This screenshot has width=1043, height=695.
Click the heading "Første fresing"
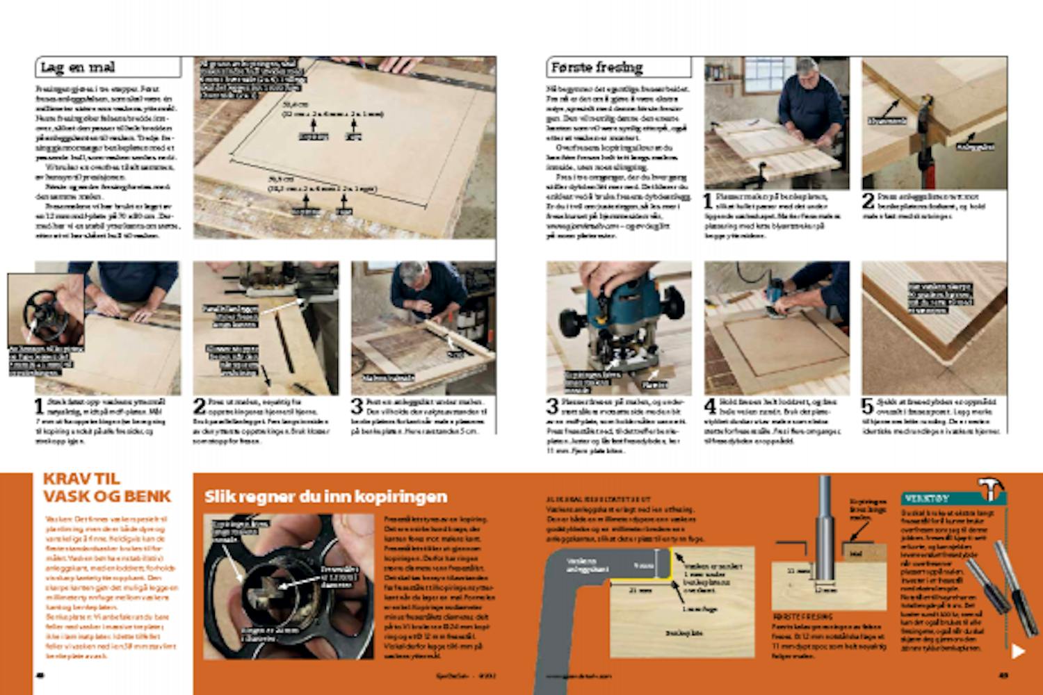click(597, 67)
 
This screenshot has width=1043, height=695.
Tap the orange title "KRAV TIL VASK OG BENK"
click(106, 487)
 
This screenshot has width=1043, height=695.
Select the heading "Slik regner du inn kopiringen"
click(325, 497)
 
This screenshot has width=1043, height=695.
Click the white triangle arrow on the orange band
click(1018, 651)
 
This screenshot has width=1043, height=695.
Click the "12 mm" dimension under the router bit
click(826, 590)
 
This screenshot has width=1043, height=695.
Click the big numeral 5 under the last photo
click(868, 405)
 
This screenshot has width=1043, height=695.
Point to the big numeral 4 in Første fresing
click(710, 405)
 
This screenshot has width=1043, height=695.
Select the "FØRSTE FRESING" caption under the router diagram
click(802, 616)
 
